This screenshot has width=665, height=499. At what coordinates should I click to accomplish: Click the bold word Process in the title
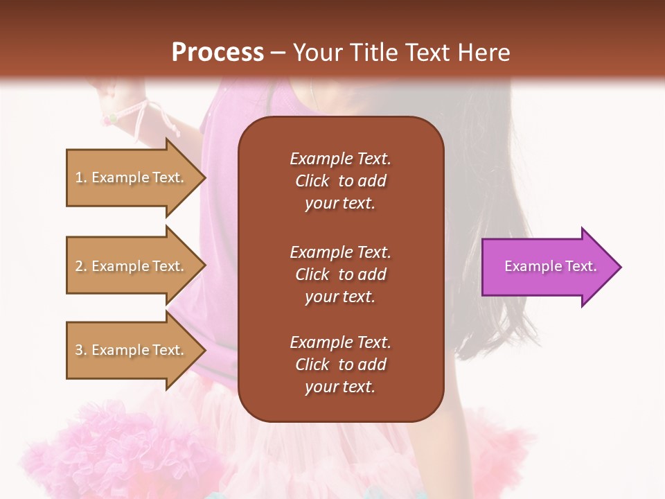(218, 53)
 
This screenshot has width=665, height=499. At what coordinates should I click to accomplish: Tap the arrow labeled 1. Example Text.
(132, 177)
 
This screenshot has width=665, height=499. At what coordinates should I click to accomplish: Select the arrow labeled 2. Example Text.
(132, 266)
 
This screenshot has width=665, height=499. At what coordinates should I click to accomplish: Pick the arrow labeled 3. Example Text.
(132, 350)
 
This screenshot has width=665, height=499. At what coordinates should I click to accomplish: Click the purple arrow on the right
(547, 267)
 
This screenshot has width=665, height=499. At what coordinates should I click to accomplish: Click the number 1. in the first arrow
(81, 177)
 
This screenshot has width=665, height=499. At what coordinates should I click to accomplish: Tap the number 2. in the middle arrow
(81, 266)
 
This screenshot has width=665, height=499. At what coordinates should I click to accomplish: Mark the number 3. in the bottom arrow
(81, 350)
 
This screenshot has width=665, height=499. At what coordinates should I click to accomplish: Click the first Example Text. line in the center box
(340, 159)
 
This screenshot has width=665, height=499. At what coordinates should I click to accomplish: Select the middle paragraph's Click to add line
(340, 274)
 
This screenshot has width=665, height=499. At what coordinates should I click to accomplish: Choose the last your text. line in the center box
(340, 387)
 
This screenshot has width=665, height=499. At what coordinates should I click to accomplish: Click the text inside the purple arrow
(550, 266)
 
